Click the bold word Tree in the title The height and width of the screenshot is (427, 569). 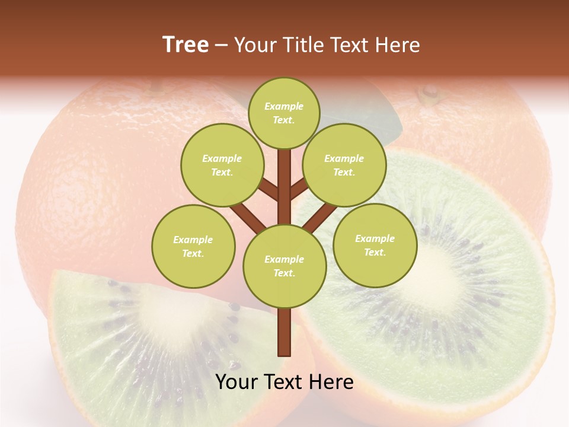pyautogui.click(x=186, y=45)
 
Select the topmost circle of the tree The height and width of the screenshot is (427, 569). pyautogui.click(x=284, y=113)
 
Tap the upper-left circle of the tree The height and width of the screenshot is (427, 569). pyautogui.click(x=222, y=165)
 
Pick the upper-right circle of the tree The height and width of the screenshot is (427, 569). pyautogui.click(x=344, y=165)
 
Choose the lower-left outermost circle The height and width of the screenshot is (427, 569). pyautogui.click(x=193, y=246)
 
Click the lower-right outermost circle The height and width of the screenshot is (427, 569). pyautogui.click(x=375, y=245)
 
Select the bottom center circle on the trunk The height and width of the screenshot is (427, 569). pyautogui.click(x=284, y=266)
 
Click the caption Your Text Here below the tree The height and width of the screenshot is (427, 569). pyautogui.click(x=284, y=382)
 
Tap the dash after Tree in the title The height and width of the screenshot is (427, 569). pyautogui.click(x=221, y=45)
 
